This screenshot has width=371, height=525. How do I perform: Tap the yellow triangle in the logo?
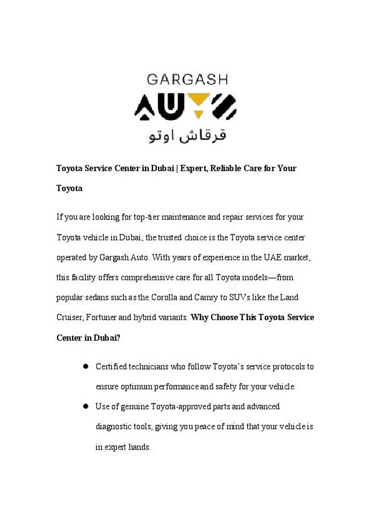click(196, 102)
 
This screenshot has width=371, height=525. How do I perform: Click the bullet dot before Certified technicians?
click(84, 366)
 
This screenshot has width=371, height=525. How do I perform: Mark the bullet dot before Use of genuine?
click(84, 406)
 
